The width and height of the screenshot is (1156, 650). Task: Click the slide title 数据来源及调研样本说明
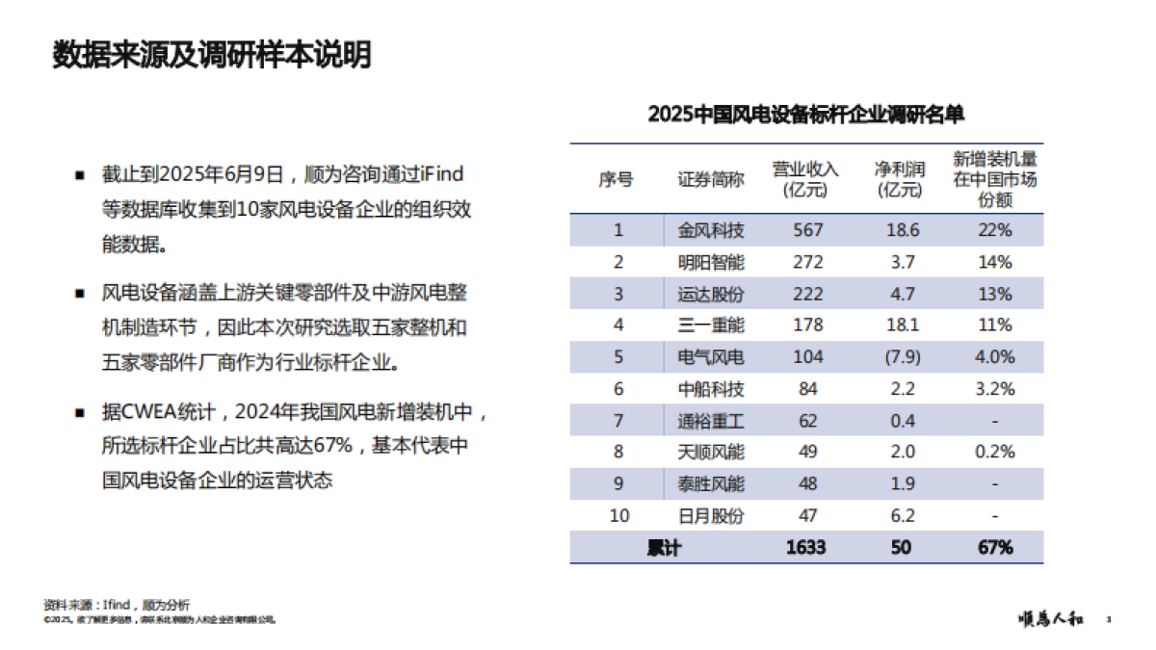point(212,56)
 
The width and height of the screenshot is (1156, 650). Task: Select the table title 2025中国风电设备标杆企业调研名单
point(806,115)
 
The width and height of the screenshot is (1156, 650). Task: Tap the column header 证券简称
point(711,179)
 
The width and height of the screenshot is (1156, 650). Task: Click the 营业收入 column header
point(805,179)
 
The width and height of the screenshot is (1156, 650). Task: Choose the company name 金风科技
point(711,230)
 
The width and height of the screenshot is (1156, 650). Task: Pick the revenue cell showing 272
point(807,262)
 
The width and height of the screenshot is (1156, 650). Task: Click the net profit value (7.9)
point(902,357)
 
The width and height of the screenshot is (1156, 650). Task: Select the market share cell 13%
point(995,294)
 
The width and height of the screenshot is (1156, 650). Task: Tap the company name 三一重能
point(711,325)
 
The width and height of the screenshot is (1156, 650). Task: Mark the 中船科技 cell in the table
point(711,389)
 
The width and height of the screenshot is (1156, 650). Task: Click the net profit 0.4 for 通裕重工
point(902,421)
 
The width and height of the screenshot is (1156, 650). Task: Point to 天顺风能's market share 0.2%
point(995,453)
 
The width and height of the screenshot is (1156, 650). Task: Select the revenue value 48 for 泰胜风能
point(807,484)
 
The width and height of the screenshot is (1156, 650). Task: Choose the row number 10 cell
point(618,516)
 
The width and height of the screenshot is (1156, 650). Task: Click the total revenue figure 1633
point(805,548)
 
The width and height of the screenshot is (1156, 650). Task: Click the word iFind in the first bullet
point(444,174)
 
